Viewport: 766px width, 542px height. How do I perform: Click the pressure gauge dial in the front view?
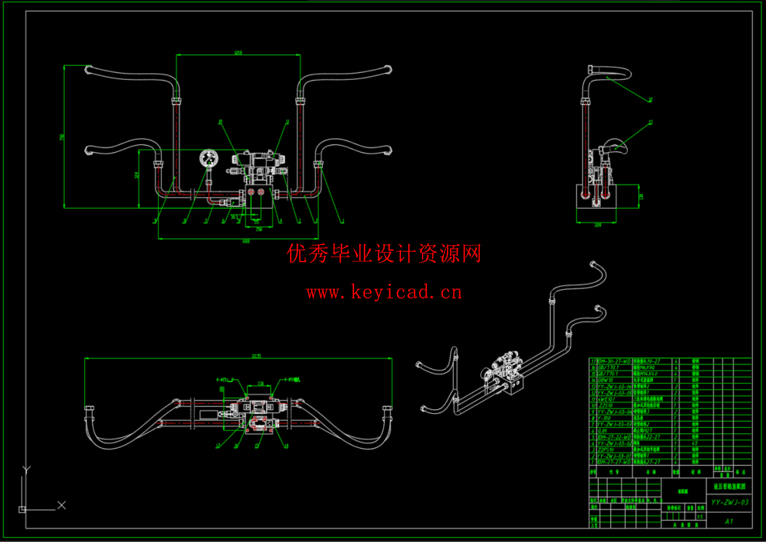coord(209,159)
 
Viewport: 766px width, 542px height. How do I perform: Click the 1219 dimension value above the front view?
coord(238,53)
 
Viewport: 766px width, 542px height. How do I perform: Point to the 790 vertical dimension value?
coord(62,137)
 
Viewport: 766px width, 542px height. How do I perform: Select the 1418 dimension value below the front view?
coord(246,241)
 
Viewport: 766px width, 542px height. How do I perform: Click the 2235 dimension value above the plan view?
coord(256,356)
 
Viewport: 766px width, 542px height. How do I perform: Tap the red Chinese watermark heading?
coord(384,254)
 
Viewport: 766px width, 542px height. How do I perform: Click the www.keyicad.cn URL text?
coord(384,292)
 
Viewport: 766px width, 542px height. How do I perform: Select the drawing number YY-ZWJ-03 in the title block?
coord(730,502)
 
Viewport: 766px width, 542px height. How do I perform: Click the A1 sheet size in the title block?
coord(729,521)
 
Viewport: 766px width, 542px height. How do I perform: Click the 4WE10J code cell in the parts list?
coord(607,399)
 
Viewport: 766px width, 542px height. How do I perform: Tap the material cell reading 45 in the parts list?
coord(694,443)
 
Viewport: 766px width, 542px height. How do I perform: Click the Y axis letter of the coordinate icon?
coord(26,470)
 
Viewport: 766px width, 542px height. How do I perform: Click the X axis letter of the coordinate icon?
coord(62,505)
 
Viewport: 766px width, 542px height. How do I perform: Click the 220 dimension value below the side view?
coord(597,225)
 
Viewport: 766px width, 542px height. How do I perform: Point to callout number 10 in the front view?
coord(220,122)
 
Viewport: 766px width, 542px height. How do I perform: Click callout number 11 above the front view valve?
coord(287,122)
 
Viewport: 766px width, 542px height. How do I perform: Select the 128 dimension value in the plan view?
coord(260,383)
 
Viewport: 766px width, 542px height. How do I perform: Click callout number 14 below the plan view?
coord(286,446)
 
